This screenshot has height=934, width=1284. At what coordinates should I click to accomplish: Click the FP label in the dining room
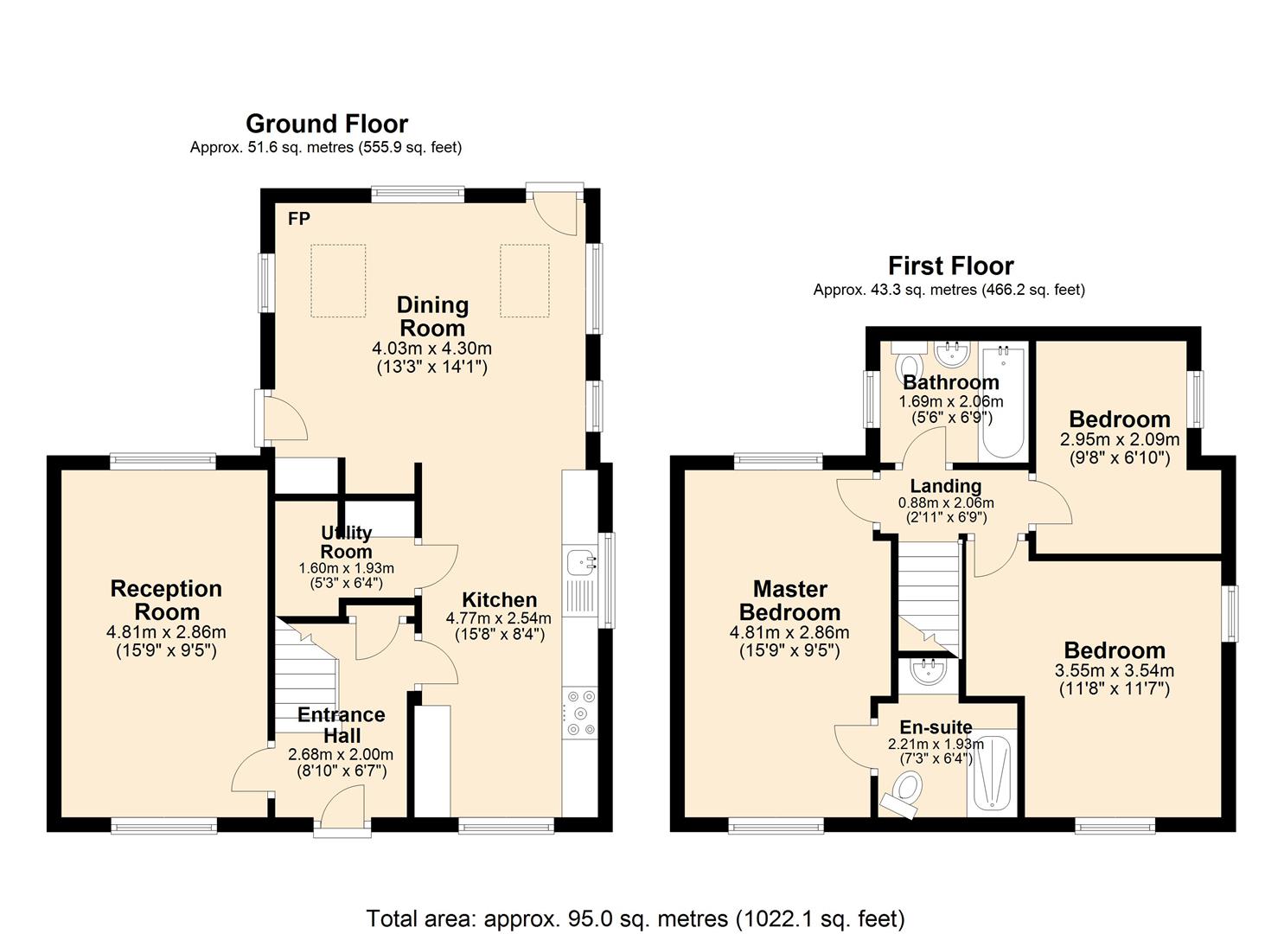298,219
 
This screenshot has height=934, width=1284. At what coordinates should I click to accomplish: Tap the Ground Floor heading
327,124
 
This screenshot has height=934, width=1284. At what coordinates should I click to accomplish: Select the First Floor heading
950,266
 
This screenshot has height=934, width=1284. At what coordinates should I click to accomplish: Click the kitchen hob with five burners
581,713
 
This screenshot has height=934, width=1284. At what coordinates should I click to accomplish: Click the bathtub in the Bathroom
1003,401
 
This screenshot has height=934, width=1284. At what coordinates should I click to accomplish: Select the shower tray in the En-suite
992,774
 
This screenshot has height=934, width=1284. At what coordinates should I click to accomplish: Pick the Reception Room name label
166,600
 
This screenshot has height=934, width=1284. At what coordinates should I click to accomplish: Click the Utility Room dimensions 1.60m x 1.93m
346,568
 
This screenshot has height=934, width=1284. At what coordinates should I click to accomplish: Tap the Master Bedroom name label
789,601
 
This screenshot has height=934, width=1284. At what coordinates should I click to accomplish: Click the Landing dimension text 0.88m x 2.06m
946,502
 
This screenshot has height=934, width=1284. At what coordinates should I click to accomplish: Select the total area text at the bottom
636,886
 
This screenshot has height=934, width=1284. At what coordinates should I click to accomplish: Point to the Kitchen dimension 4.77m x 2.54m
499,618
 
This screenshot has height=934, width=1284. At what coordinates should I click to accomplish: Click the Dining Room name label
433,317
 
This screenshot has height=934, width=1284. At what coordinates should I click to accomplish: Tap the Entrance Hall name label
342,725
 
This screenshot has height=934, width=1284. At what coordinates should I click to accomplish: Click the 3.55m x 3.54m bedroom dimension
1115,670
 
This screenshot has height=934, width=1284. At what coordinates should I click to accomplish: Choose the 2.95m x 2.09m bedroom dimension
1120,440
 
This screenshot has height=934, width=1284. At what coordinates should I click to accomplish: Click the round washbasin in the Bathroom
953,354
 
